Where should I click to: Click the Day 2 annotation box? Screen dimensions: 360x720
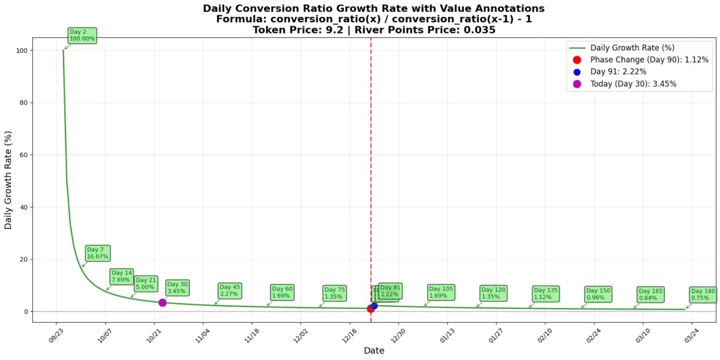81,35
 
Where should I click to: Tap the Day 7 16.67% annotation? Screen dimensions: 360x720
98,253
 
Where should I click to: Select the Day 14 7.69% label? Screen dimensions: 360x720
122,276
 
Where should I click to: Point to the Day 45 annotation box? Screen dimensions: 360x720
229,290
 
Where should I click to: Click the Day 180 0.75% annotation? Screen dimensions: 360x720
703,294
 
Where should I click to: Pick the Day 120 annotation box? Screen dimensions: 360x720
493,293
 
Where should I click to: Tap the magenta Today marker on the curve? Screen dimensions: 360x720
162,302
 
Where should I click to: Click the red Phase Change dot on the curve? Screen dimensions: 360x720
370,308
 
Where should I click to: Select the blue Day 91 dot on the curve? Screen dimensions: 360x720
374,305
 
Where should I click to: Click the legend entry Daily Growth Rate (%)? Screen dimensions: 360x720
627,47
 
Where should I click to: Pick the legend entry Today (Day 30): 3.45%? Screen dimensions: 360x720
633,83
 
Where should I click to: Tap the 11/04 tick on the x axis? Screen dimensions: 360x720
202,332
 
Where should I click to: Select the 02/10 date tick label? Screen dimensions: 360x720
544,332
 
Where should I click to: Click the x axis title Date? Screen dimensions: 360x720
374,350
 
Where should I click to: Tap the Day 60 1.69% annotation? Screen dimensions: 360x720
281,292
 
